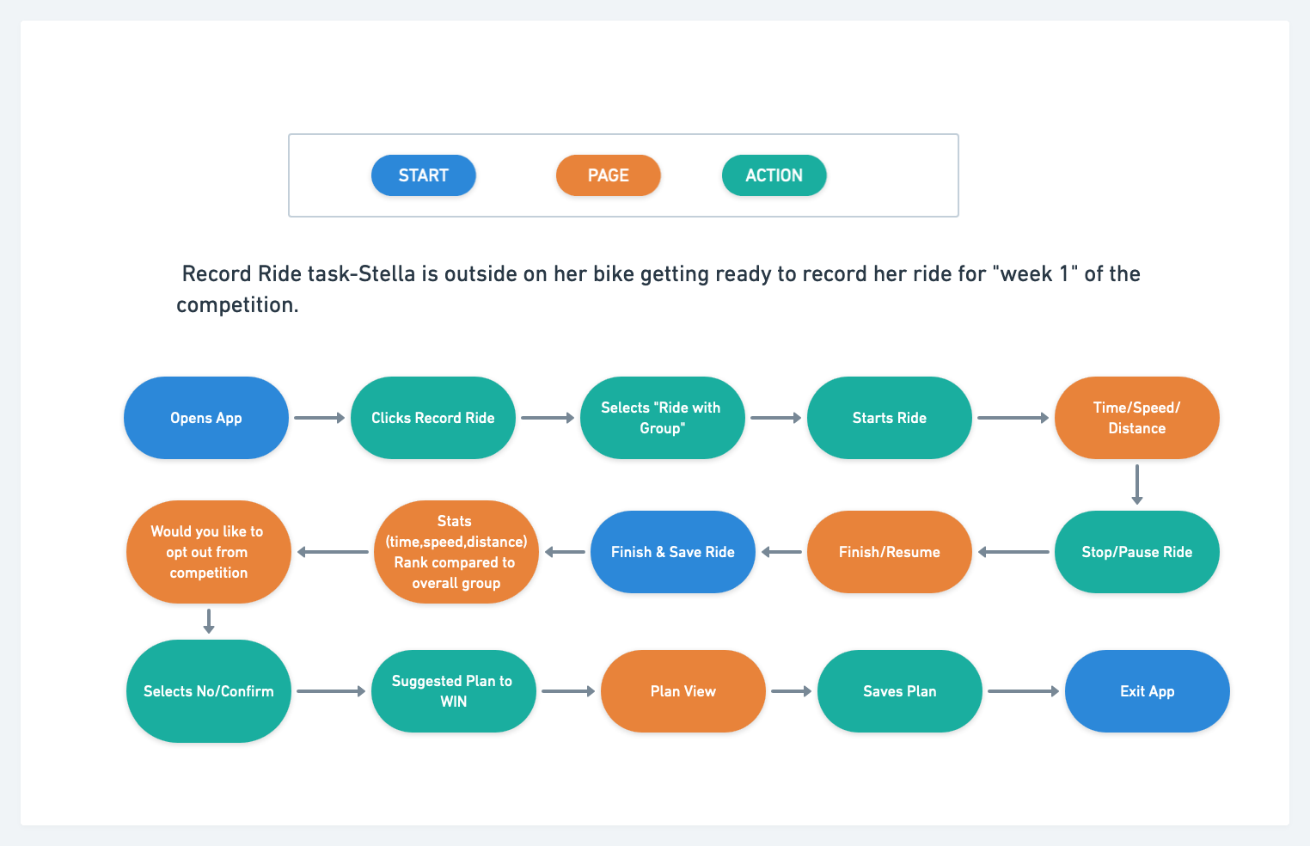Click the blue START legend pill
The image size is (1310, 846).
(423, 175)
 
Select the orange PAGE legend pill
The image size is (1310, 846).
(608, 175)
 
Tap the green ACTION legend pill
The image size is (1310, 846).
(774, 175)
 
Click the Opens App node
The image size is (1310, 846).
(206, 418)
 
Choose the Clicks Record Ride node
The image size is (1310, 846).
(432, 418)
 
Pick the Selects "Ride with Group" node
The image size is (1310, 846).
(661, 418)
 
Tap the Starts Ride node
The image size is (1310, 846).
(889, 418)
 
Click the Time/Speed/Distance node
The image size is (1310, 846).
(1136, 418)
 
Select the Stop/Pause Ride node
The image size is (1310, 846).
(1136, 552)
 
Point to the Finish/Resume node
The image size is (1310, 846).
(889, 552)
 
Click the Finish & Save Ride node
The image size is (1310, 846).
(672, 552)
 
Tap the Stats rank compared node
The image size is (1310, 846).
(456, 552)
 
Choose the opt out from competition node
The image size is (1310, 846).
(208, 552)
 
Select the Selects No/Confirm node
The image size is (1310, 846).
(208, 691)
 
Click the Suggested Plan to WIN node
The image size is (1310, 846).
(453, 691)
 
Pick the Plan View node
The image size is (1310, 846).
(683, 691)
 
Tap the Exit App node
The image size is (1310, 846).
(1147, 691)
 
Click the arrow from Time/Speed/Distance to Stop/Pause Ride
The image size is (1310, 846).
(1137, 484)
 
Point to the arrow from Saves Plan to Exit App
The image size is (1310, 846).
(1023, 691)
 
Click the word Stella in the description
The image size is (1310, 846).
(386, 274)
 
